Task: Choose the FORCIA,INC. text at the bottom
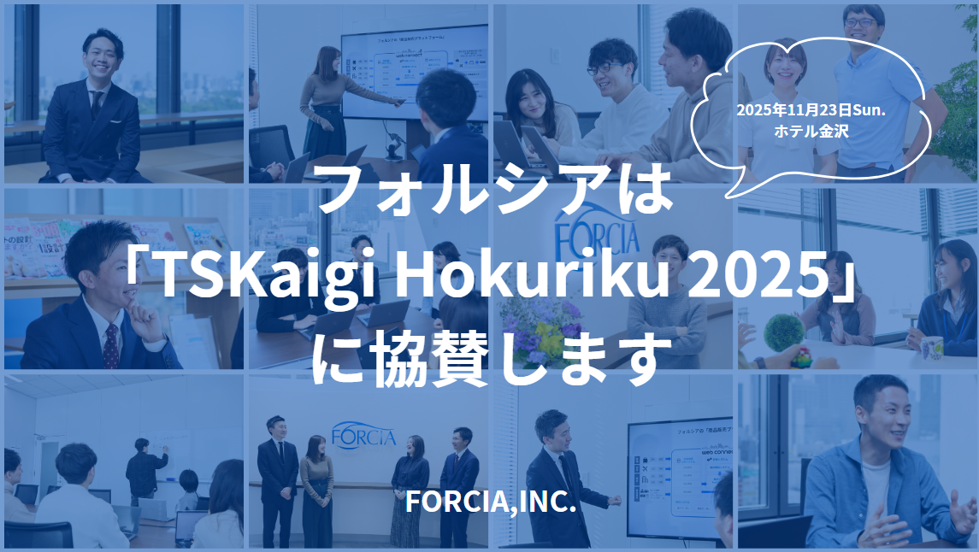point(490,502)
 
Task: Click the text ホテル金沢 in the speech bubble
point(801,132)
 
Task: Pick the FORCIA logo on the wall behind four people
point(363,433)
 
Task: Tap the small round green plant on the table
point(783,332)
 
